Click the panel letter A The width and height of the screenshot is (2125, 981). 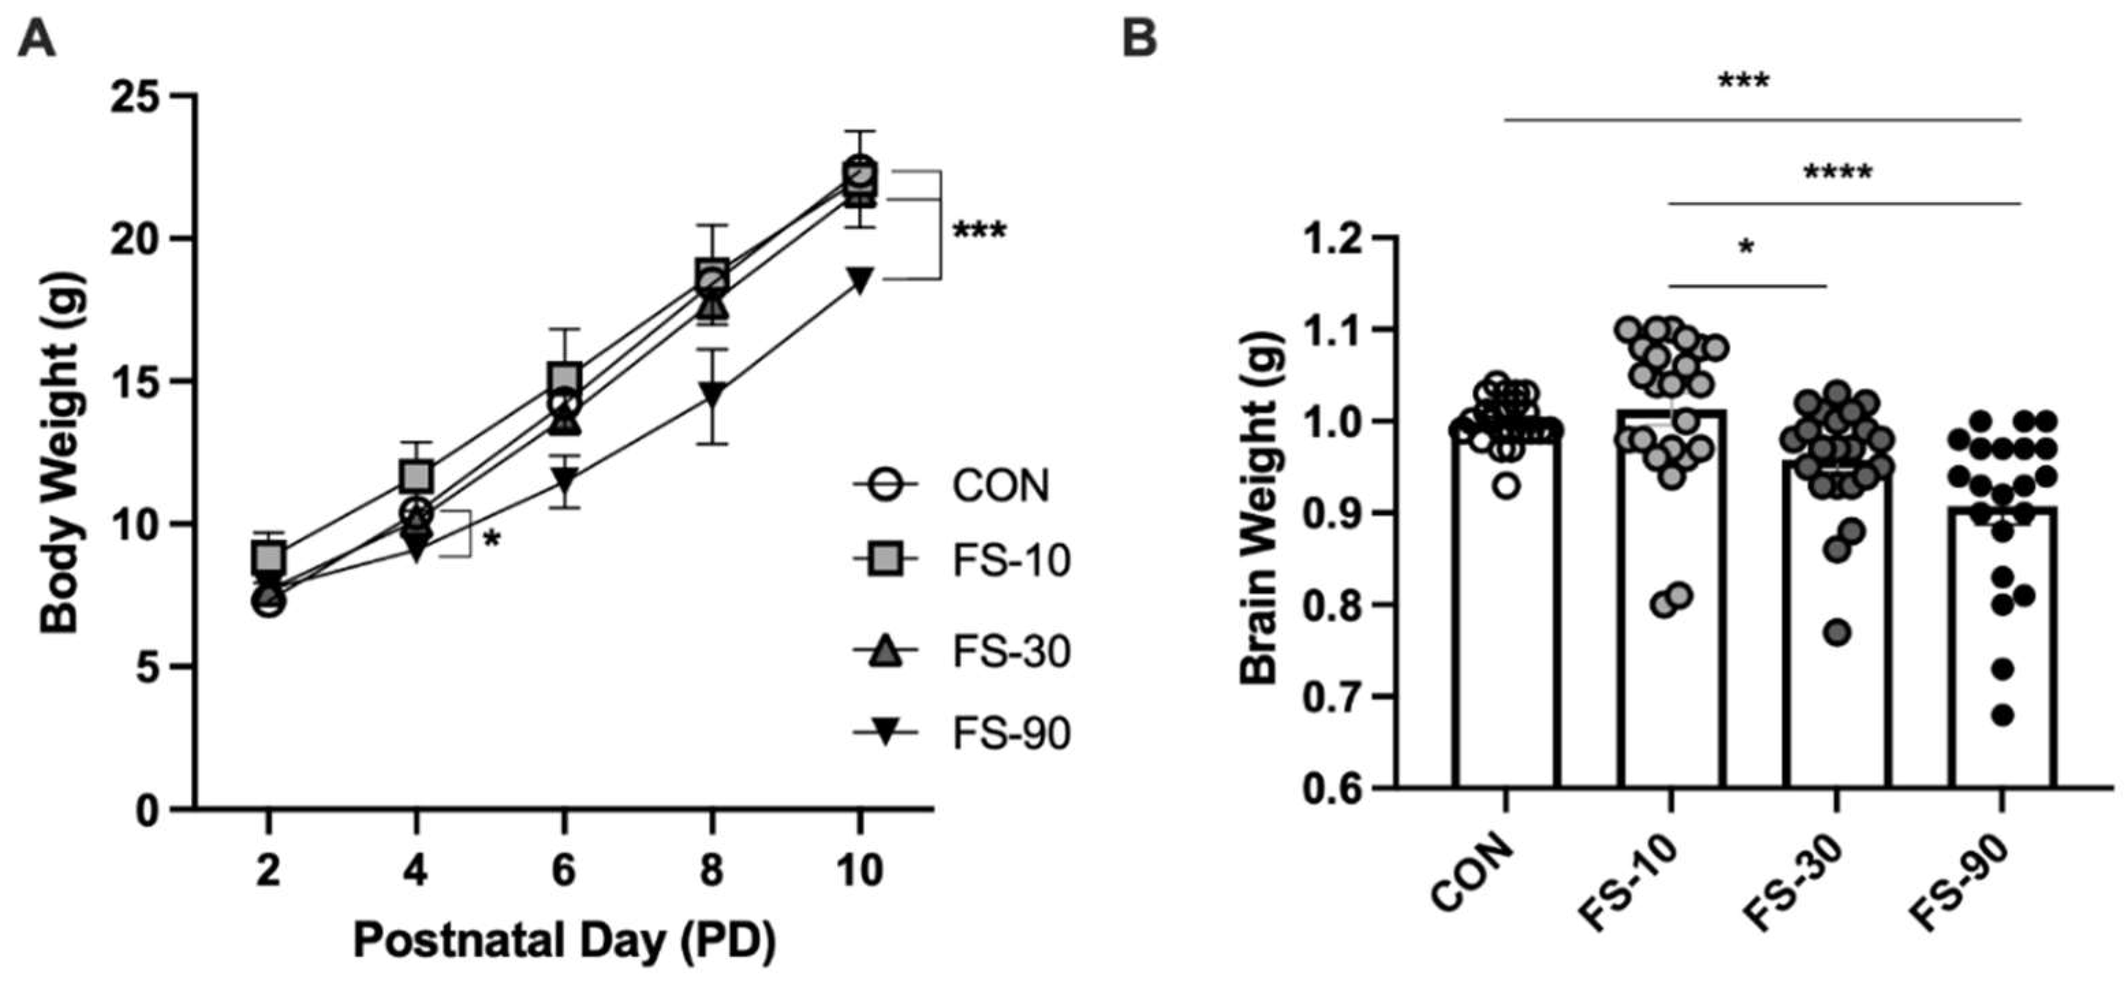point(36,39)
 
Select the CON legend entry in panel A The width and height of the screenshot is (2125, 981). point(1000,485)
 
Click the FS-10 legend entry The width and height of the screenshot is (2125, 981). point(1011,560)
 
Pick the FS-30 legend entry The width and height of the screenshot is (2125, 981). point(1011,651)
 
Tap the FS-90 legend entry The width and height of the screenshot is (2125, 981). point(1011,732)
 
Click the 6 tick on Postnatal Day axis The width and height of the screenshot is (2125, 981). point(563,869)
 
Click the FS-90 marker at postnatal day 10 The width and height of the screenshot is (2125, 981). point(860,279)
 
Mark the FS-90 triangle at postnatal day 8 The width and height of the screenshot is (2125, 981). point(713,393)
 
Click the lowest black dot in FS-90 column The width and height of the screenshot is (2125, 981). point(2003,715)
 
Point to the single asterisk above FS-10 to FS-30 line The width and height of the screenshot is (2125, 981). point(1745,247)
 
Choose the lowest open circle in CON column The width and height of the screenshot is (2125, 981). point(1506,486)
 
